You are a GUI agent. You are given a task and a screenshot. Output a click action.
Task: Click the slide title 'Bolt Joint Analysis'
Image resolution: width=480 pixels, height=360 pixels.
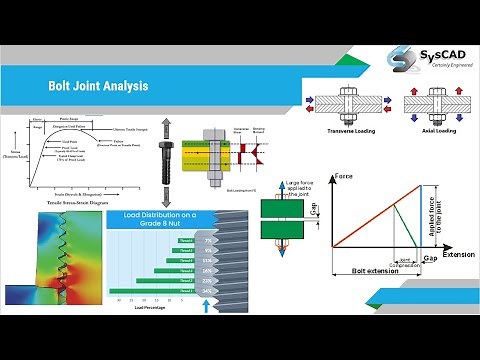pyautogui.click(x=98, y=86)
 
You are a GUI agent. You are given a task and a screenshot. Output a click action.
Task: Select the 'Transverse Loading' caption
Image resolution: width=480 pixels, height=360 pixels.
pyautogui.click(x=344, y=130)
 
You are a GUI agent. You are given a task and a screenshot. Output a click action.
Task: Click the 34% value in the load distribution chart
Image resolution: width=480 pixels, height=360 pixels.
pyautogui.click(x=206, y=290)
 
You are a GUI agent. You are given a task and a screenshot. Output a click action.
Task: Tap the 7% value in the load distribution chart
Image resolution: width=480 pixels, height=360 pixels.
pyautogui.click(x=206, y=240)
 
